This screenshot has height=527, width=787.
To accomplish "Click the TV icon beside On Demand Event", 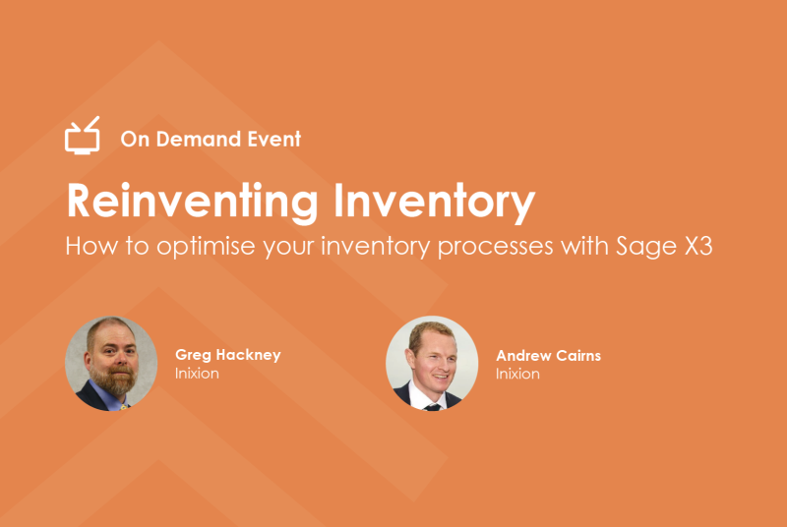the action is pos(83,136).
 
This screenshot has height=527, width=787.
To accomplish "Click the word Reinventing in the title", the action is pos(192,203).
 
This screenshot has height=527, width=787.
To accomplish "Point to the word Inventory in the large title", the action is pos(434,203).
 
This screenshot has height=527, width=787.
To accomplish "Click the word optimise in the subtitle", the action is pos(206,247).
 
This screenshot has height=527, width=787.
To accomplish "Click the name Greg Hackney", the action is pos(228,355).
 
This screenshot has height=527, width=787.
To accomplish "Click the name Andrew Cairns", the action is pos(549,356).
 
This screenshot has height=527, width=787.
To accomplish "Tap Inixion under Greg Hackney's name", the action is pos(197,374).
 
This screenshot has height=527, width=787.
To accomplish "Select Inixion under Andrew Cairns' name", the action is pos(517,374).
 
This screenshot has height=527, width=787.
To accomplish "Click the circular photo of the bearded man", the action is pos(111,364).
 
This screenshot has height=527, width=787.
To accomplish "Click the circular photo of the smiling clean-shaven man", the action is pos(432,364).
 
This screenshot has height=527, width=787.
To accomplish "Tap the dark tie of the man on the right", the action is pos(432,407).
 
